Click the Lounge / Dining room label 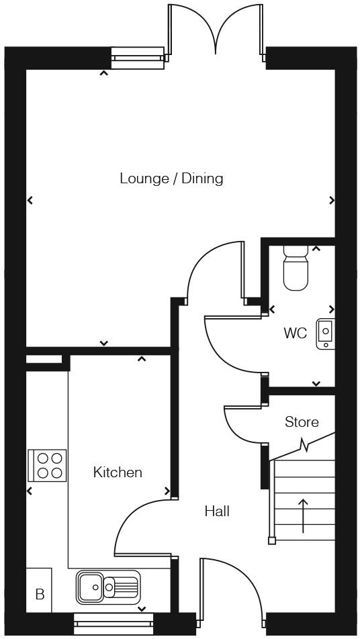click(x=171, y=179)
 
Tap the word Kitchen click(x=118, y=473)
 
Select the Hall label click(x=217, y=511)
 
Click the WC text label click(x=295, y=334)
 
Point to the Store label click(x=302, y=422)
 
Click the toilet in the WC click(x=296, y=268)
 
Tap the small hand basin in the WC click(x=326, y=334)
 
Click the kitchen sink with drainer click(x=107, y=586)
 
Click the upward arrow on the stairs click(x=303, y=515)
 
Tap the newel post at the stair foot click(x=272, y=540)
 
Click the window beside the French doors click(x=137, y=58)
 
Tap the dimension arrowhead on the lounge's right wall click(x=332, y=200)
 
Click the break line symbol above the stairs click(x=306, y=445)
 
